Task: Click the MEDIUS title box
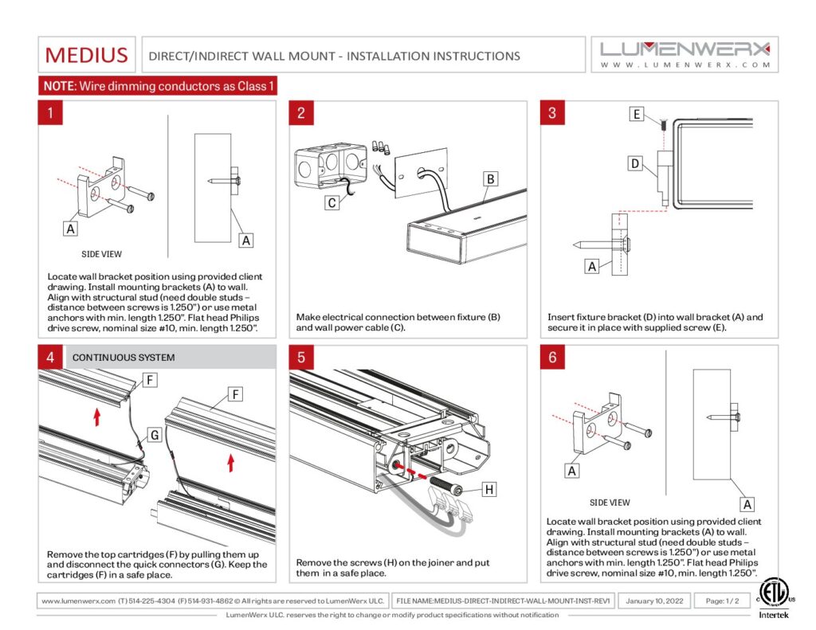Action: tap(86, 55)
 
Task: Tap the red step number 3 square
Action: tap(552, 112)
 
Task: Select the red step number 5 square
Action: tap(300, 357)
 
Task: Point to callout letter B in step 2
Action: tap(492, 178)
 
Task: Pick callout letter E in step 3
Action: tap(636, 115)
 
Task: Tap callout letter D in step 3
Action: tap(635, 164)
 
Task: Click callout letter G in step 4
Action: tap(155, 435)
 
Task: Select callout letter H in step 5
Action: tap(489, 489)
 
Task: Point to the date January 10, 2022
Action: tap(654, 601)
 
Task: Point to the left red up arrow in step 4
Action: tap(97, 416)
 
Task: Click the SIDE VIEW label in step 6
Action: tap(610, 503)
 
